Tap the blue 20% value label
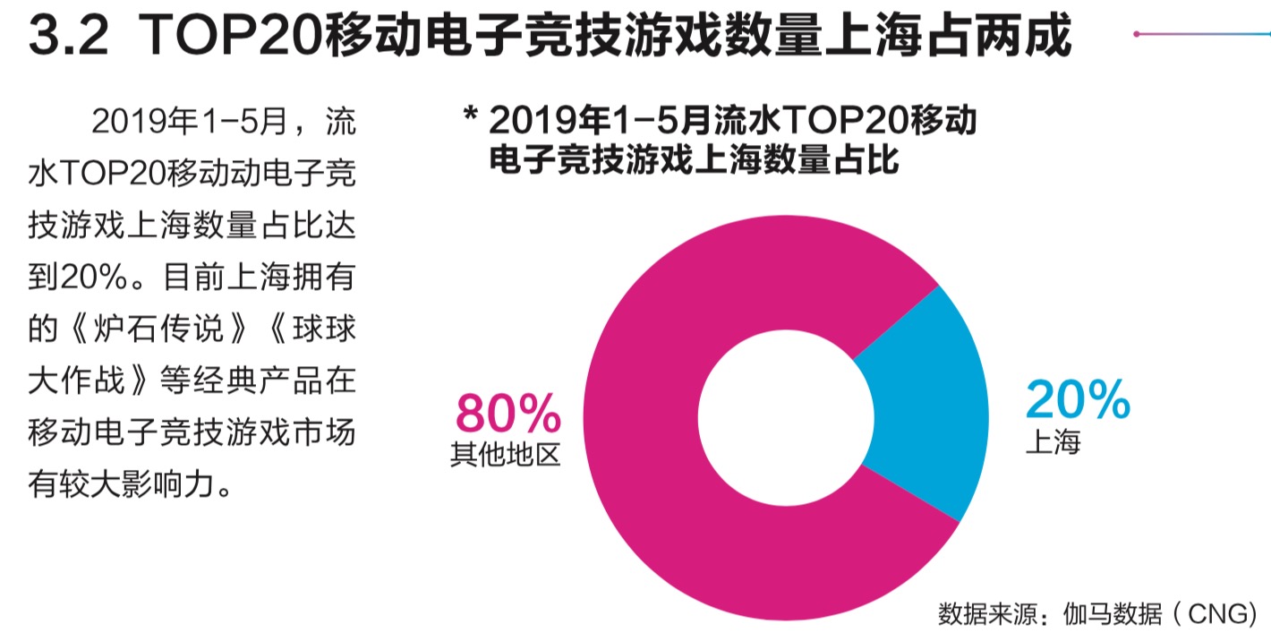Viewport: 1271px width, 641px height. click(1078, 400)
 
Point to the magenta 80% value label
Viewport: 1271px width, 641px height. click(508, 414)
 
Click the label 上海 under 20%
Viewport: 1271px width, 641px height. click(1053, 442)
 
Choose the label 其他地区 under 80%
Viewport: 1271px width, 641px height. click(506, 455)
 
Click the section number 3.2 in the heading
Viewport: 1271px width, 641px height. click(68, 36)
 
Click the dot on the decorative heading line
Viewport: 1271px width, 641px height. click(1136, 34)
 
